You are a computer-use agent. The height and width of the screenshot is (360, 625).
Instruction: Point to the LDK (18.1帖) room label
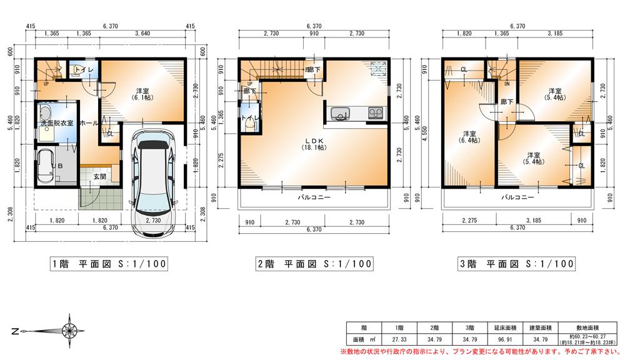313,144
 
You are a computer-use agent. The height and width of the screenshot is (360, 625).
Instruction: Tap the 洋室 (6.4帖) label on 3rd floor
469,137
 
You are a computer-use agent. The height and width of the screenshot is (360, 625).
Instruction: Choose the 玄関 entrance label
99,177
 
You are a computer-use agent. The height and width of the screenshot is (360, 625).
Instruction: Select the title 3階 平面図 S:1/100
516,264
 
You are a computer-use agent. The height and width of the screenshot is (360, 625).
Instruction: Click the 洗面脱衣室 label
57,123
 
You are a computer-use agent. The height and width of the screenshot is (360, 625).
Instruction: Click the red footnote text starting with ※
485,351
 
